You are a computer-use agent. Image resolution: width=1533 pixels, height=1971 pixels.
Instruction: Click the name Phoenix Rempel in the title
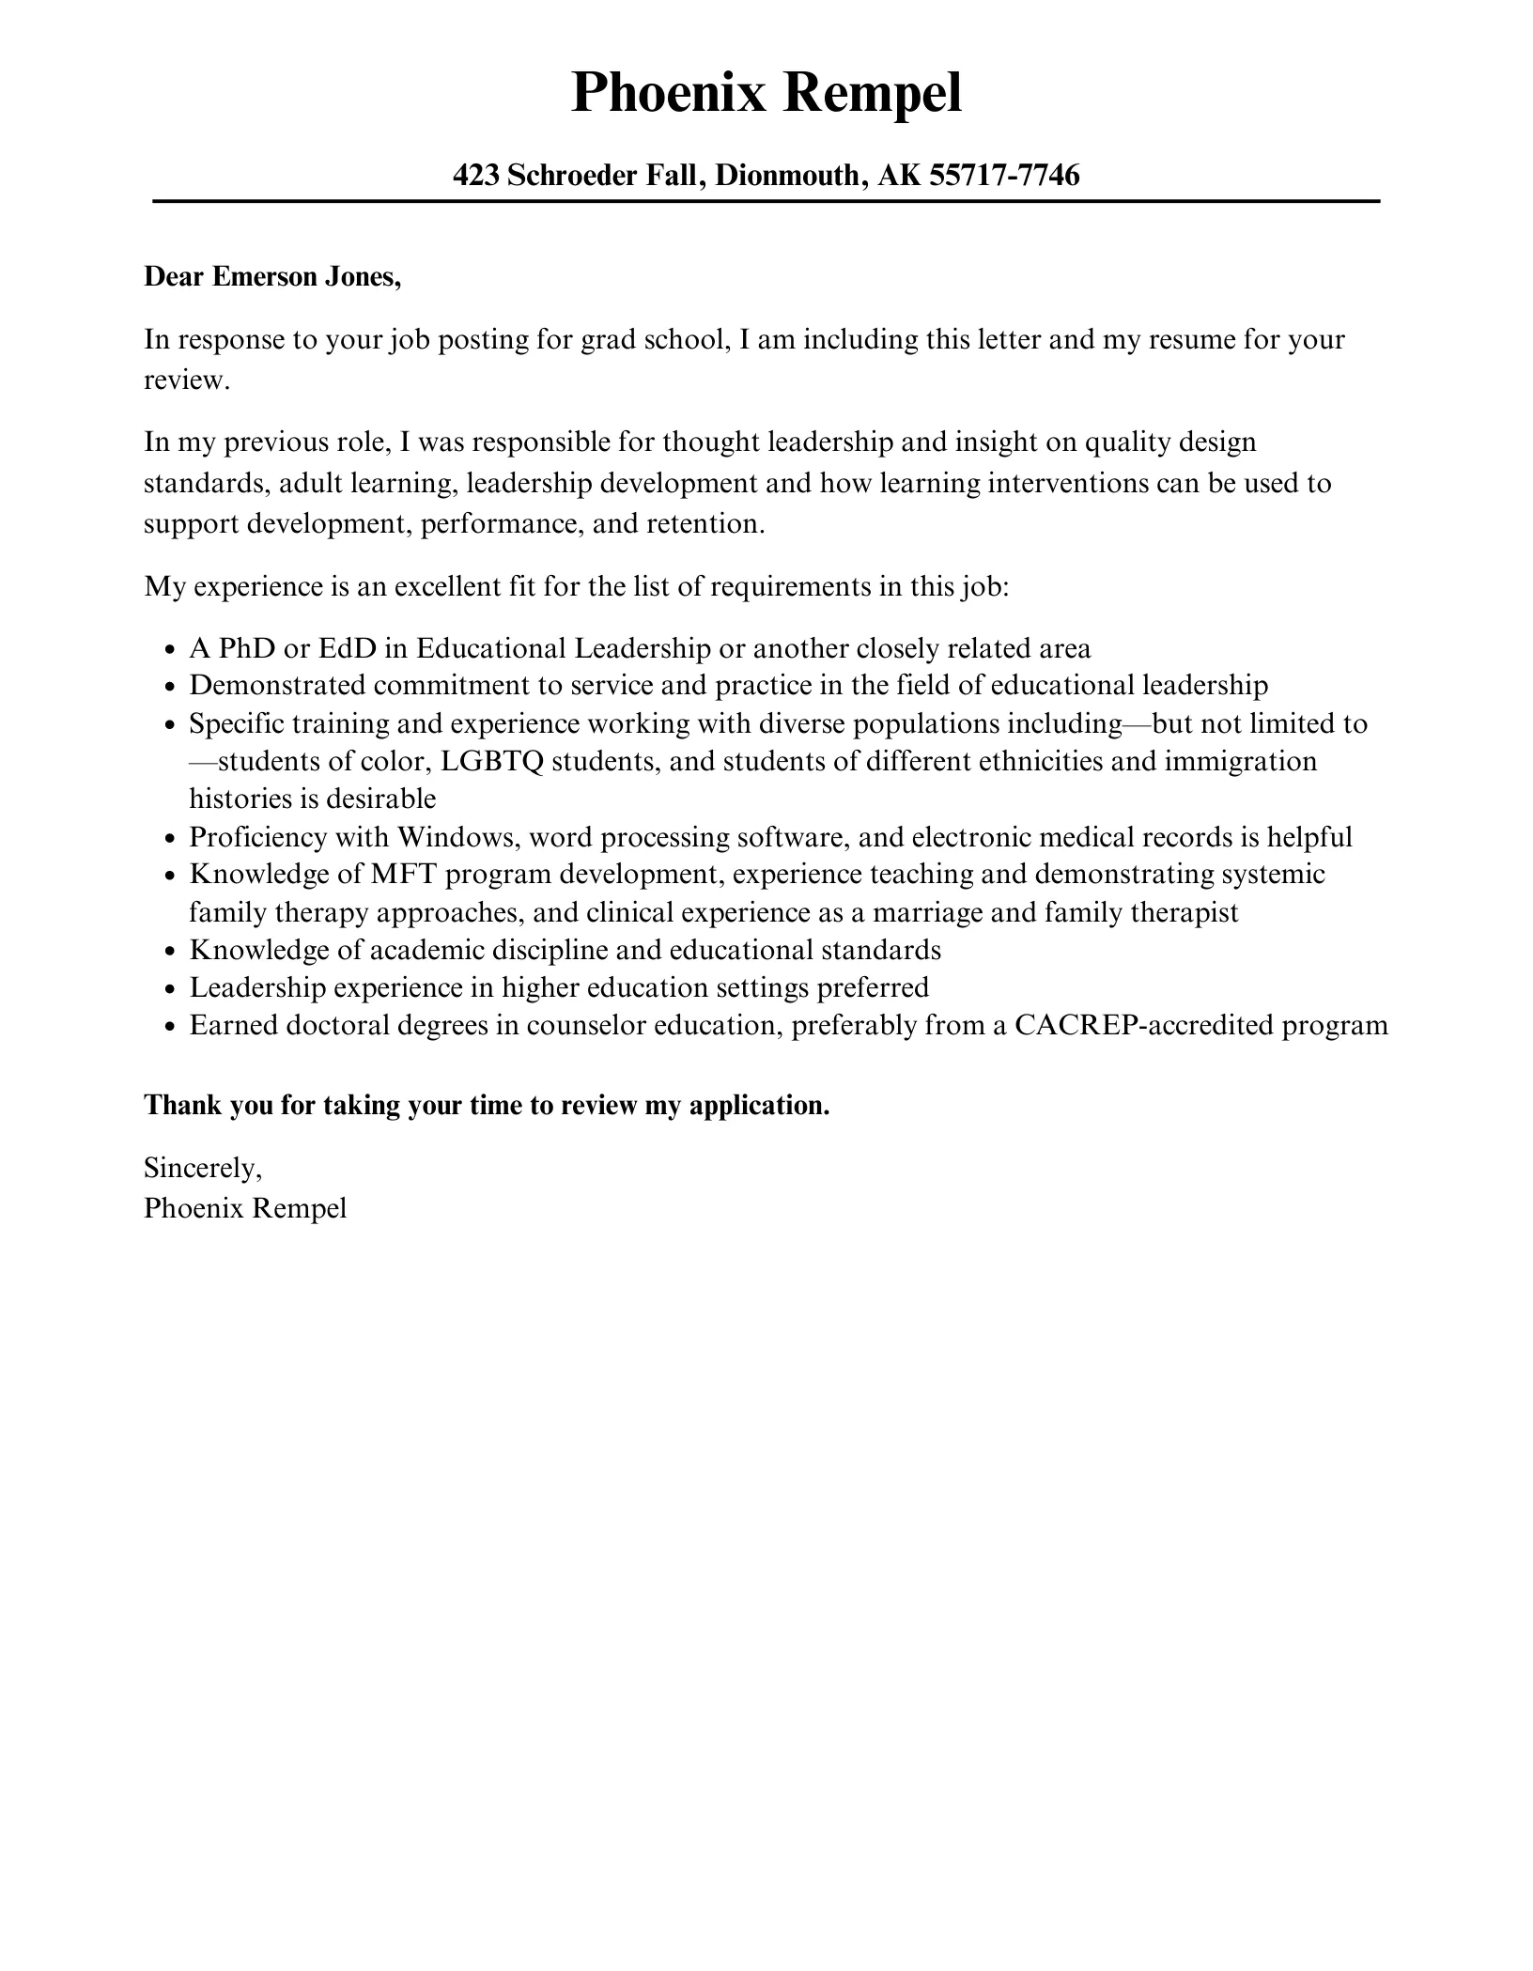click(x=766, y=93)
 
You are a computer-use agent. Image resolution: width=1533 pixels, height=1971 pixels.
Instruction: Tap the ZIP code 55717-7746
click(x=1004, y=175)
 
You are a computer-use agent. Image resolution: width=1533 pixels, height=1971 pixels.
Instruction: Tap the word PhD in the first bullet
click(x=246, y=648)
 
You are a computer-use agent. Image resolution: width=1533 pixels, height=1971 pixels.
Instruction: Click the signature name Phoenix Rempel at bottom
click(x=245, y=1208)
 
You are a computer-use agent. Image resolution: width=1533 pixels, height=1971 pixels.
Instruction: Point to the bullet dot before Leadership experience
click(x=170, y=989)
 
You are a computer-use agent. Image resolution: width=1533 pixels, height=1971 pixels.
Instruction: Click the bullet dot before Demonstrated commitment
click(x=170, y=687)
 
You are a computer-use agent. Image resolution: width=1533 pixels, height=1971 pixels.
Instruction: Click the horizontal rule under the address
click(x=766, y=201)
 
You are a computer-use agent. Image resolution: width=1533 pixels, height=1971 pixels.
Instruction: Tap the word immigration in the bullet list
click(x=1240, y=761)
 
